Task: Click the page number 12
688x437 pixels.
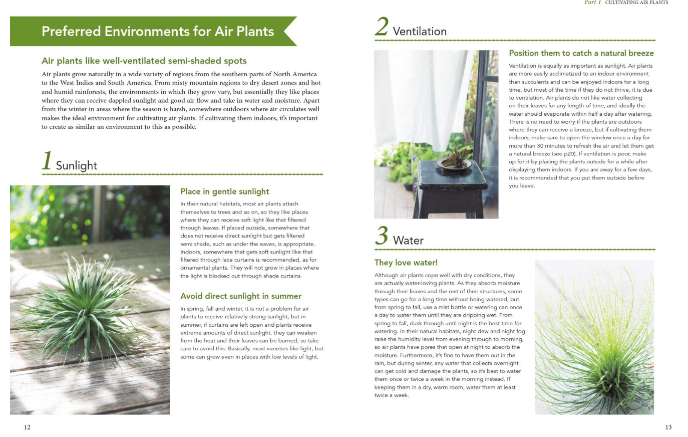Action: coord(27,427)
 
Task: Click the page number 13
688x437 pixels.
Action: coord(668,427)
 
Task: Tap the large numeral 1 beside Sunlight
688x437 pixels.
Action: coord(47,161)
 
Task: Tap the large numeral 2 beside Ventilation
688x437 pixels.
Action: coord(382,27)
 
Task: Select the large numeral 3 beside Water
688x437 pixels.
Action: coord(382,236)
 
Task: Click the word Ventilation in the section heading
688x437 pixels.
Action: coord(420,32)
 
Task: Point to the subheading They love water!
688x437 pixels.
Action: coord(406,262)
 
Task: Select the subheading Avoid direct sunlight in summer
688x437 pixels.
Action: coord(241,296)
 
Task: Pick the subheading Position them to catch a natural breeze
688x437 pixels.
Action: coord(581,53)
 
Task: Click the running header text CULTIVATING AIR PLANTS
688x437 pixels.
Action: coord(636,3)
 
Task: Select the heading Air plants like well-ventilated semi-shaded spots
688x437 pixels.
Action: coord(144,61)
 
